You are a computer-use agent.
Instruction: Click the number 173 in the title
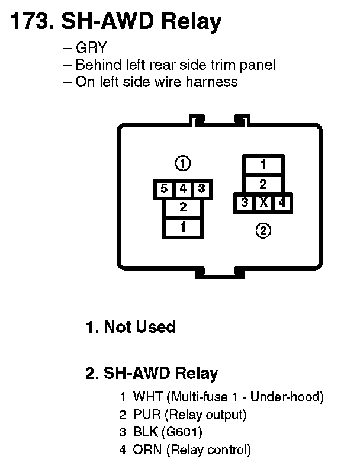(29, 22)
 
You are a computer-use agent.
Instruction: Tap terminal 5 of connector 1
(163, 189)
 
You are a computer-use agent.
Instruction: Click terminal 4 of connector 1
(183, 189)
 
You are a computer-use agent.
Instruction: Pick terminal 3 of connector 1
(201, 189)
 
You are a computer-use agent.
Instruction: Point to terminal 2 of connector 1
(183, 207)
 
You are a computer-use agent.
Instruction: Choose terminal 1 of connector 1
(183, 226)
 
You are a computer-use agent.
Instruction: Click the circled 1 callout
(183, 163)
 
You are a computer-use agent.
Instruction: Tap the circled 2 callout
(263, 230)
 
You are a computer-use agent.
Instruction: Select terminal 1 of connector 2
(263, 165)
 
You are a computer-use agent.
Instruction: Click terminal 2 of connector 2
(263, 184)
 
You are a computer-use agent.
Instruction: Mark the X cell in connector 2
(263, 203)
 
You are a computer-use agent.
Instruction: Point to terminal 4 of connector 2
(282, 203)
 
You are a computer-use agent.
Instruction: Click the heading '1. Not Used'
(131, 327)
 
